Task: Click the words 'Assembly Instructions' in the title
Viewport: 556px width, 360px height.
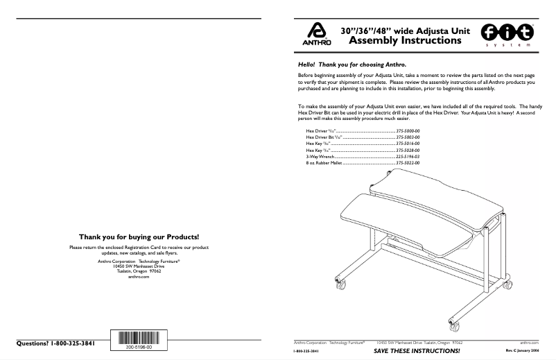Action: (404, 41)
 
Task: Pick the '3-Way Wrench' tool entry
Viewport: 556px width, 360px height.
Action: (321, 157)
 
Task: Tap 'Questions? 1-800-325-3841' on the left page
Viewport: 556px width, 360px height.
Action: (55, 344)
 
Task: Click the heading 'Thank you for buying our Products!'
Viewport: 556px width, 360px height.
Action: (139, 237)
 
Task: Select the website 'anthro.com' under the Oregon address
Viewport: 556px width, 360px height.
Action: (139, 276)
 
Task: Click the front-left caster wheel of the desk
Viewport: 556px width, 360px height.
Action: (340, 286)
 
